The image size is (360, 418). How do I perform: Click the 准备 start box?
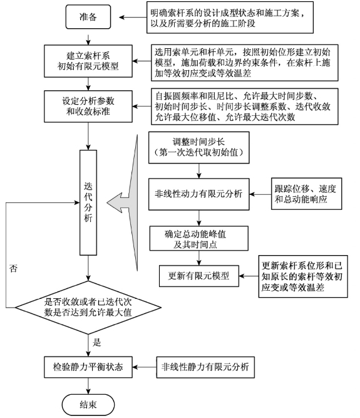click(88, 17)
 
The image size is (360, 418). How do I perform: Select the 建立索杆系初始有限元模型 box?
click(88, 61)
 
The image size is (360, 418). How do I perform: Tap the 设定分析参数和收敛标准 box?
click(88, 107)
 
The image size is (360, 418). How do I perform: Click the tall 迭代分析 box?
click(88, 202)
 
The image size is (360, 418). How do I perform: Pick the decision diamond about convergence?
click(88, 307)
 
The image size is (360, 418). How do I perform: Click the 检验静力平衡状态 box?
click(88, 367)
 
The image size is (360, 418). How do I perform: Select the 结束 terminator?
click(88, 405)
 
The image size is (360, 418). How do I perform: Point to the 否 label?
click(13, 268)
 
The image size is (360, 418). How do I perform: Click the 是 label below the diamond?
click(96, 342)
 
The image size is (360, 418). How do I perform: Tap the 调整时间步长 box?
click(199, 147)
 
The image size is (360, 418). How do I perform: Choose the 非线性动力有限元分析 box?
click(199, 194)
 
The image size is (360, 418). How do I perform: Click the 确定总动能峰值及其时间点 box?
click(199, 238)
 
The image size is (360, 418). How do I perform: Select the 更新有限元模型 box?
click(199, 276)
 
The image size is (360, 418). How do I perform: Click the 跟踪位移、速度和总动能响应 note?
click(307, 194)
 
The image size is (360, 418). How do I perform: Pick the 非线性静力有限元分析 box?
click(205, 367)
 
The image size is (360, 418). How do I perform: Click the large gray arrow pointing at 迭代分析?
click(125, 203)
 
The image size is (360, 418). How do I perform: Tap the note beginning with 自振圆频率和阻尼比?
click(245, 107)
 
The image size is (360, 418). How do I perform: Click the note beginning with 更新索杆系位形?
click(303, 276)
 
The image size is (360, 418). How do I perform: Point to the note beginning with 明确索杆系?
click(230, 18)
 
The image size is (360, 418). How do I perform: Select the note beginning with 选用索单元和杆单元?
click(245, 63)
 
